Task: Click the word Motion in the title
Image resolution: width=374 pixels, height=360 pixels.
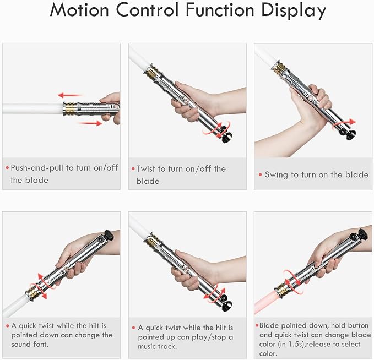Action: point(79,10)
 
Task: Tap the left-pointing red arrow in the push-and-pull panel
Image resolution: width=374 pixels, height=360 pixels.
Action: point(71,95)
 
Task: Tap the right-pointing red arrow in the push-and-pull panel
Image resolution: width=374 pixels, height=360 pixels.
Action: point(90,123)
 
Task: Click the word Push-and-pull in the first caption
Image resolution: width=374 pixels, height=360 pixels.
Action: point(38,168)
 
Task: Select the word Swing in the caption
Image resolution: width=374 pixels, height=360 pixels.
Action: point(276,175)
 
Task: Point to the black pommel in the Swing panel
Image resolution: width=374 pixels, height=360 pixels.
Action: point(351,135)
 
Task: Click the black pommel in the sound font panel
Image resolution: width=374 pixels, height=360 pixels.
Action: point(109,235)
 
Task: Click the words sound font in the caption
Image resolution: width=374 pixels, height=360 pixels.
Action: point(30,344)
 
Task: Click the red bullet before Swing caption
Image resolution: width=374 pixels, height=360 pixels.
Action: point(260,174)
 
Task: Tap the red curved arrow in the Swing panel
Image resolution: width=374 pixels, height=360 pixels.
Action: point(344,124)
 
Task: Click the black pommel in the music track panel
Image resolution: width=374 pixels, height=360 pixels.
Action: point(227,306)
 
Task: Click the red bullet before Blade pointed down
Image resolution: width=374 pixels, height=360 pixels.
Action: point(257,325)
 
